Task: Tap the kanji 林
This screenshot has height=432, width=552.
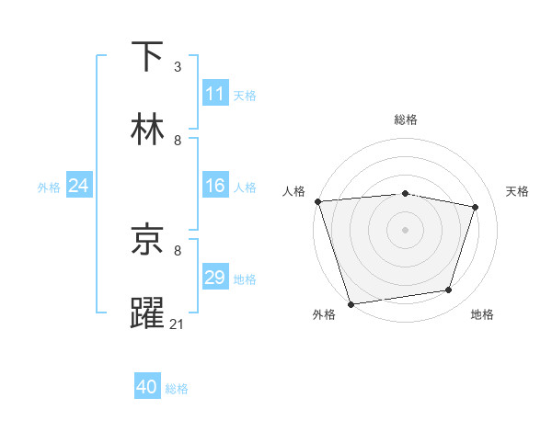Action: (x=148, y=130)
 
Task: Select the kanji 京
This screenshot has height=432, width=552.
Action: (x=148, y=240)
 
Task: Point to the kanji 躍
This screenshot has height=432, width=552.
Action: (x=148, y=313)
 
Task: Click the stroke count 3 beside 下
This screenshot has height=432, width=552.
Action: (x=178, y=67)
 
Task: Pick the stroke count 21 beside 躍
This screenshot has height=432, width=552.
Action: (x=178, y=324)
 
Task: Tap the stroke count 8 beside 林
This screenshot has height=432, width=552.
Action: (x=178, y=141)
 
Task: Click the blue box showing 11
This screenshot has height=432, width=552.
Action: (x=215, y=94)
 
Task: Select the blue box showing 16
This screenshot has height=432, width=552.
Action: (x=215, y=187)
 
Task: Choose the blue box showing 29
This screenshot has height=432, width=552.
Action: (x=215, y=278)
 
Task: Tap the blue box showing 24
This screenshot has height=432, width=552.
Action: (x=78, y=187)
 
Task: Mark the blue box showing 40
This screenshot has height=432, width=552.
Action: (x=147, y=388)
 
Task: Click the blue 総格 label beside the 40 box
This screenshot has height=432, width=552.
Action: (x=177, y=389)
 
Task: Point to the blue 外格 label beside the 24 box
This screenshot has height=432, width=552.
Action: (x=49, y=188)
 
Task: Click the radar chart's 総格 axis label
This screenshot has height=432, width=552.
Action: (x=406, y=119)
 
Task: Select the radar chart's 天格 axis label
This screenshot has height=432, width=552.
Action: (x=518, y=191)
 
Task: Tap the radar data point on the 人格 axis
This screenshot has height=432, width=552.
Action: (x=317, y=201)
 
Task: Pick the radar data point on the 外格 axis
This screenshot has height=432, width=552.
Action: (x=351, y=303)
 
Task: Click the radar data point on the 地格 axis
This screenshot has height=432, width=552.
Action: (x=449, y=290)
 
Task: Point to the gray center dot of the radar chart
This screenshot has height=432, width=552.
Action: (x=405, y=229)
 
